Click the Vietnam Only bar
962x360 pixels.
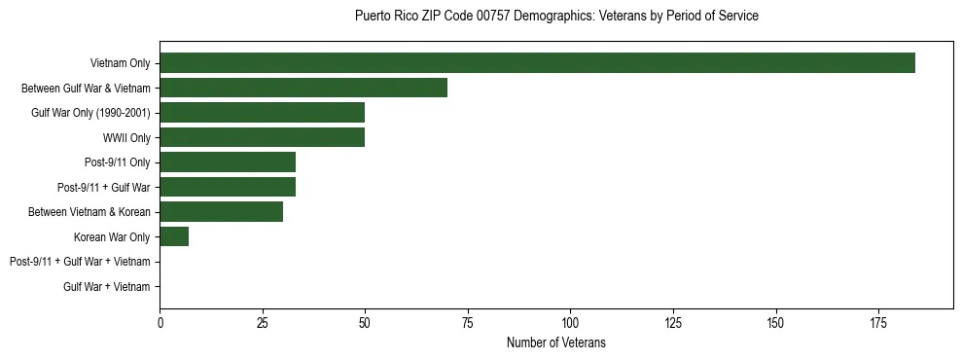[537, 63]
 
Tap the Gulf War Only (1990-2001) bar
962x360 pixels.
[262, 113]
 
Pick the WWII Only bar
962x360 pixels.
[262, 137]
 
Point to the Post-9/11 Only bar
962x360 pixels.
[228, 162]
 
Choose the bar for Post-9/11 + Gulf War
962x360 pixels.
[228, 187]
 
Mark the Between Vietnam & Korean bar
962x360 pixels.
[221, 212]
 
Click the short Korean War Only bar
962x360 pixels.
[174, 236]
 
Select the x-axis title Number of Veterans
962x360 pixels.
[556, 342]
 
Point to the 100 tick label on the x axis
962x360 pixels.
[570, 322]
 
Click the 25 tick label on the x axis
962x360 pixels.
[263, 322]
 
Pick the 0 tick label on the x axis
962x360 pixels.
[160, 322]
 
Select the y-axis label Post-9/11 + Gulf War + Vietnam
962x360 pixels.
[80, 262]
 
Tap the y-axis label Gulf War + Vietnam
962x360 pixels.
[107, 286]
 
